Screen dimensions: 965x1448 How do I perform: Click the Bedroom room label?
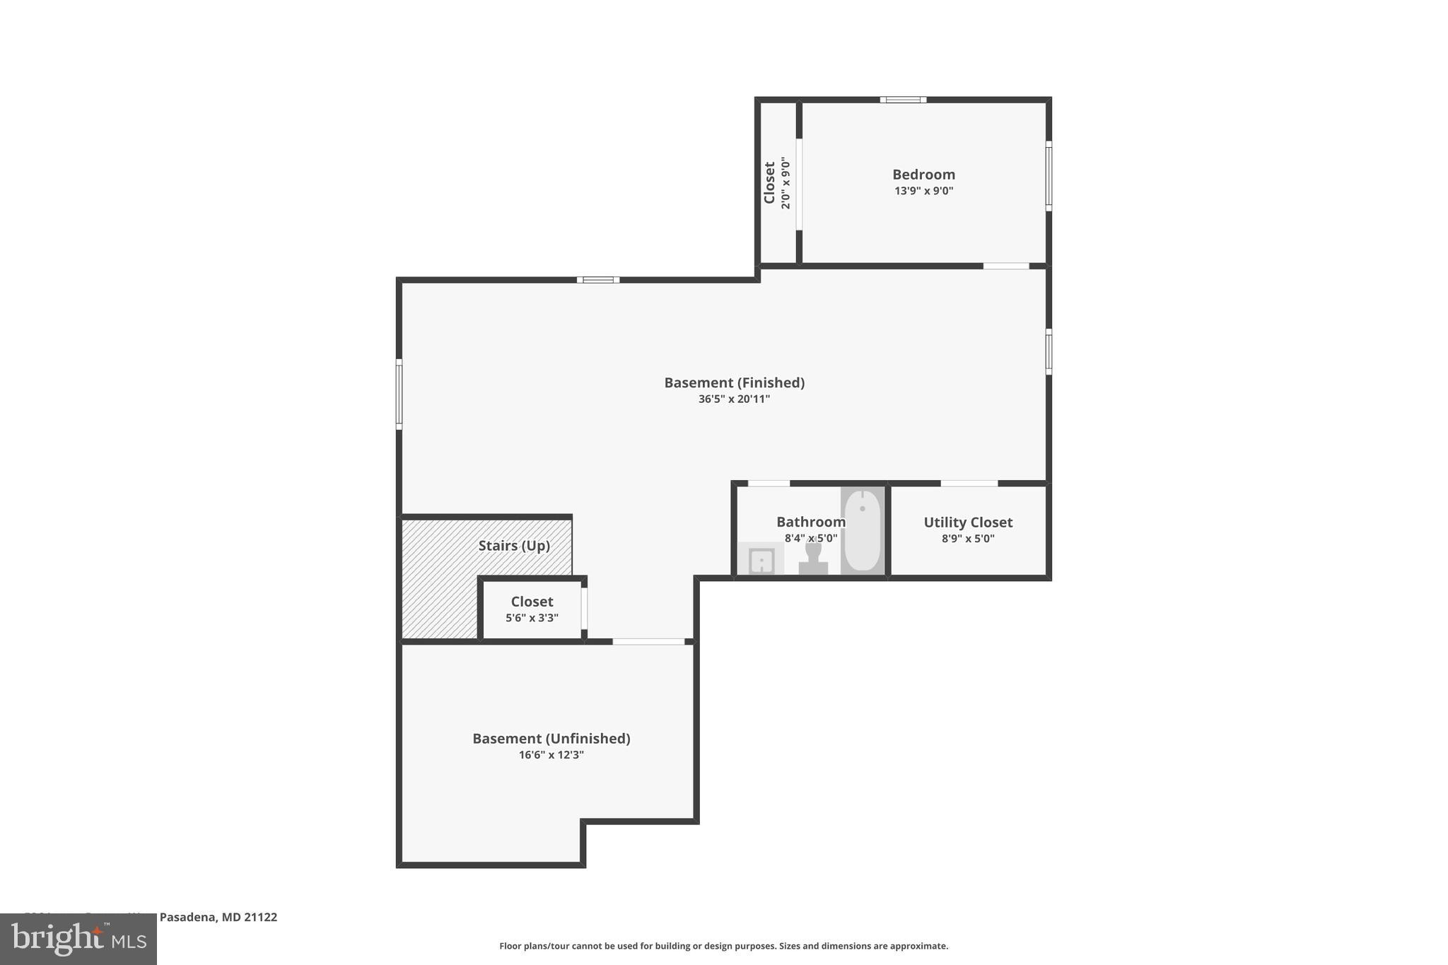[923, 175]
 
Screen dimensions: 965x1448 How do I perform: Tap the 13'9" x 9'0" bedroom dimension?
[923, 191]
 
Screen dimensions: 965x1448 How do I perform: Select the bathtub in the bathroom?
[863, 530]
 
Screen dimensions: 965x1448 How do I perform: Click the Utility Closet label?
[968, 522]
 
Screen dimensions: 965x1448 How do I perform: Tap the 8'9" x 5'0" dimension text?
[968, 539]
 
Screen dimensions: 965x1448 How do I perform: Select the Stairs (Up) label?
[514, 546]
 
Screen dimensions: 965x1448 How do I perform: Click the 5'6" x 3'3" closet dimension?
[532, 618]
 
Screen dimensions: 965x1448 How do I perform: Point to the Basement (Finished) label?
[734, 382]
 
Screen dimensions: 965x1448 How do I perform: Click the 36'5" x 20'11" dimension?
[734, 399]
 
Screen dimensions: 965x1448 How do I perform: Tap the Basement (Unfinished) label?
[551, 738]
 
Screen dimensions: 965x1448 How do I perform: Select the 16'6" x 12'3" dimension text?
[551, 755]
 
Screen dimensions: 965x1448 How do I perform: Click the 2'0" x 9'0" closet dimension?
[785, 183]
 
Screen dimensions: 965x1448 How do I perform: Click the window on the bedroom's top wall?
[903, 100]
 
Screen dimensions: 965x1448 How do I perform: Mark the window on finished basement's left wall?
[399, 394]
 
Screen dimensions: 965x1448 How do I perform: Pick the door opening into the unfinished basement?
[648, 642]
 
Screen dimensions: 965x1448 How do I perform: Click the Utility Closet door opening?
[969, 484]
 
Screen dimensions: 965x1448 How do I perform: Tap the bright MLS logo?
[78, 939]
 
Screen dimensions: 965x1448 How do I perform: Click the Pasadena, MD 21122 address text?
[218, 917]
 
